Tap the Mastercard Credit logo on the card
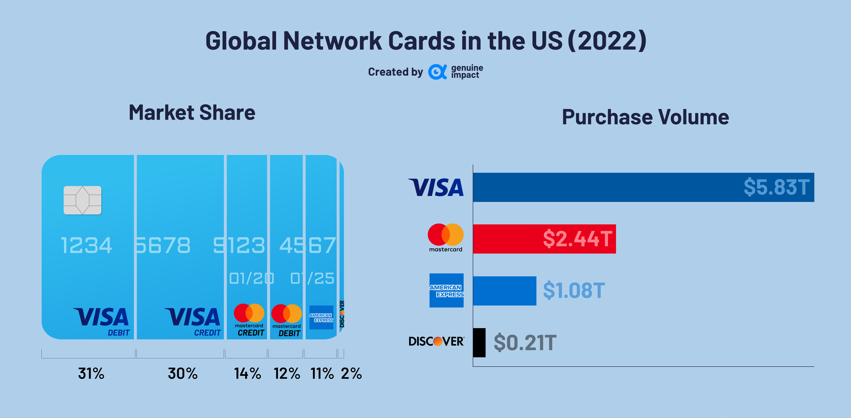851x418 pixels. [249, 319]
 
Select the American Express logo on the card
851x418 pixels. [321, 317]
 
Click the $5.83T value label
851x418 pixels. [776, 187]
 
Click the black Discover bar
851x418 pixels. [479, 342]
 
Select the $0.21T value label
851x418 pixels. [525, 342]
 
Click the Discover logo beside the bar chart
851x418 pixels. [436, 341]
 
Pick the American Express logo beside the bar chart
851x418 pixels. [446, 290]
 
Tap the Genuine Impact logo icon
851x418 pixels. [437, 72]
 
